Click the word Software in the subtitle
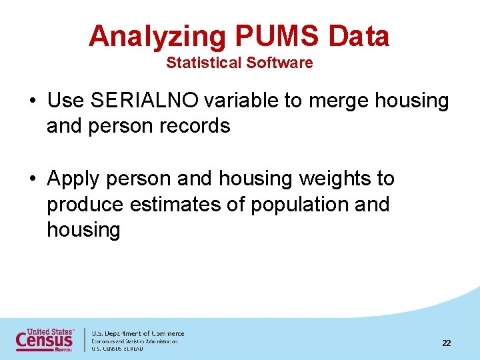pyautogui.click(x=279, y=63)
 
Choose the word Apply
pyautogui.click(x=73, y=179)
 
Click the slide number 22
pyautogui.click(x=446, y=343)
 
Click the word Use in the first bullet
pyautogui.click(x=65, y=101)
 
